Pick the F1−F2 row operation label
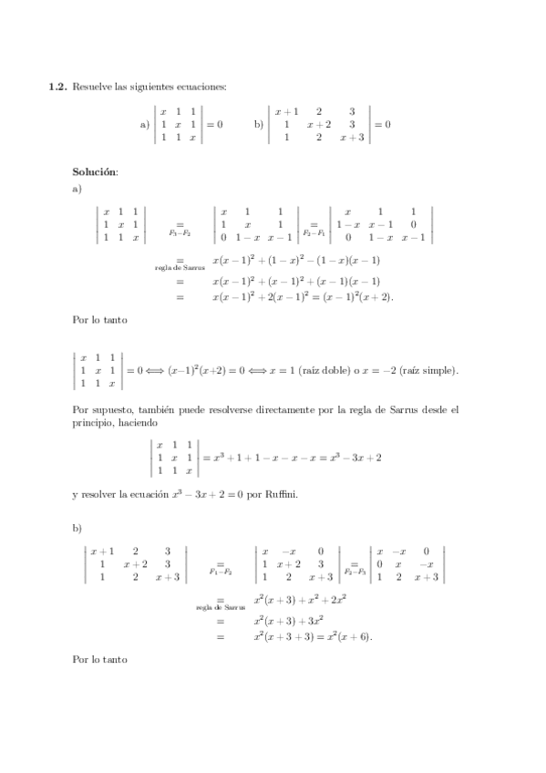click(221, 572)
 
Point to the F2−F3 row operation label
click(353, 571)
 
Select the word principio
click(91, 423)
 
